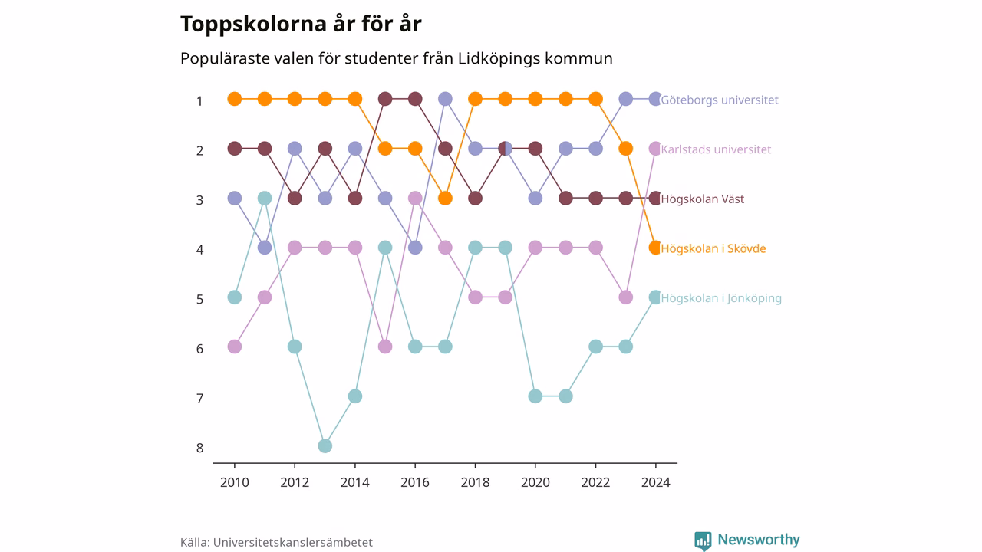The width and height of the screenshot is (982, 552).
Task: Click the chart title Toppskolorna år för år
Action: pos(301,24)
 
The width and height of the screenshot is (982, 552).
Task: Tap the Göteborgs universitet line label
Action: pos(720,100)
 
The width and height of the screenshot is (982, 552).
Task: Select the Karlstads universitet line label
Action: pos(716,149)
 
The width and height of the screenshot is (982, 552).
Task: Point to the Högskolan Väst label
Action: pos(702,199)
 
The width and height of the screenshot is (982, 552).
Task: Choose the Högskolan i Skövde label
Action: pos(713,248)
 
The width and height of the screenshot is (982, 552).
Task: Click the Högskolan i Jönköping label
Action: pos(721,298)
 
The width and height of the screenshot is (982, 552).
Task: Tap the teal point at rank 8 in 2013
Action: pos(325,446)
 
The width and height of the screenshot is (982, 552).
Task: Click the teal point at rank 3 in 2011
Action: pos(265,198)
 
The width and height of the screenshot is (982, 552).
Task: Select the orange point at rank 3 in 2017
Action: pos(445,198)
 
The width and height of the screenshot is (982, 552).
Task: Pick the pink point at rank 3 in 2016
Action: pos(415,198)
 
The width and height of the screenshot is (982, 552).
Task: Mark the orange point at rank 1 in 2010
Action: pos(235,99)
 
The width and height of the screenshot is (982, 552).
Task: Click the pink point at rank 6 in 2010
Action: pos(235,347)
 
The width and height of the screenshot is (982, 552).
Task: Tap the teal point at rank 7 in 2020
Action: pos(535,396)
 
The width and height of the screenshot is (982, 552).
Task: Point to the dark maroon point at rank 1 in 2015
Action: pos(385,99)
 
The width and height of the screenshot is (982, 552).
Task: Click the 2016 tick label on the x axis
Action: pos(415,482)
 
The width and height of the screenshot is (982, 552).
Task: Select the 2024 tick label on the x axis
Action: pos(656,482)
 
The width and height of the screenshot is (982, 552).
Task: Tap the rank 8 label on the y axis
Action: pos(200,449)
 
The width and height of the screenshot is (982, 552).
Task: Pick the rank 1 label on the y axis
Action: pos(200,101)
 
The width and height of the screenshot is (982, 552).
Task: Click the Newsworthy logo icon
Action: pos(703,541)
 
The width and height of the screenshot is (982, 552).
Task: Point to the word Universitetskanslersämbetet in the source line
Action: pos(293,542)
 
